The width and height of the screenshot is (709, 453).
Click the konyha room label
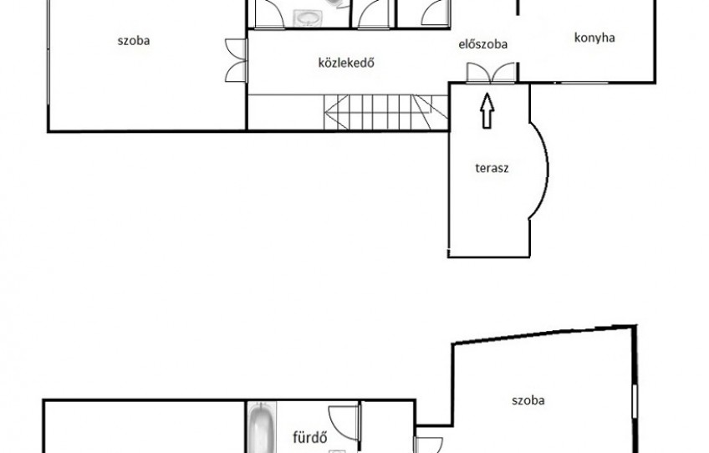tap(594, 38)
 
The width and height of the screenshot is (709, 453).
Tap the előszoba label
tap(483, 44)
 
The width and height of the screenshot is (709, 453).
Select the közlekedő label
tap(346, 63)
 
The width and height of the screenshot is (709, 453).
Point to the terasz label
tap(492, 168)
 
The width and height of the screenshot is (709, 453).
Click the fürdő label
tap(310, 437)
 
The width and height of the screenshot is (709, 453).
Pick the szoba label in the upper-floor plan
tap(134, 41)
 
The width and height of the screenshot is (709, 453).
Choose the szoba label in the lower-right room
tap(528, 400)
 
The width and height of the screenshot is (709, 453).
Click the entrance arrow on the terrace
tap(487, 111)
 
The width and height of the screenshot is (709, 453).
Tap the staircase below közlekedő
tap(385, 112)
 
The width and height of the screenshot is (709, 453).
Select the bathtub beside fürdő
tap(262, 428)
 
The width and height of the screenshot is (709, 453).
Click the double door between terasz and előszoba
tap(491, 74)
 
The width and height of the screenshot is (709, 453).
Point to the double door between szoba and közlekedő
tap(237, 60)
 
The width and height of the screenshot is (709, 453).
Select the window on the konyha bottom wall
tap(584, 82)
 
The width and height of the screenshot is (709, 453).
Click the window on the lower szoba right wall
tap(635, 401)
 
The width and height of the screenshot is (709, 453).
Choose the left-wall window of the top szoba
tap(48, 53)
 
